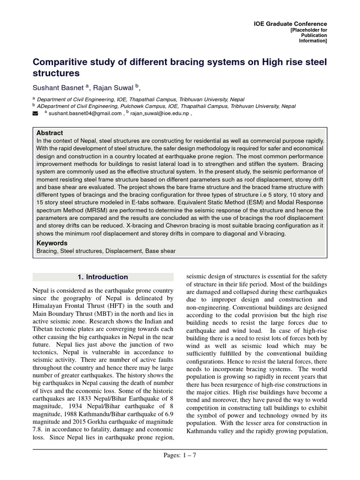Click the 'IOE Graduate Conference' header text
pyautogui.click(x=290, y=24)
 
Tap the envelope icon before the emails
pyautogui.click(x=35, y=113)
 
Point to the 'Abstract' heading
pyautogui.click(x=50, y=133)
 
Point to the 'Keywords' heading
pyautogui.click(x=52, y=243)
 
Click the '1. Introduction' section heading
pyautogui.click(x=102, y=277)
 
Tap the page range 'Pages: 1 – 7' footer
pyautogui.click(x=180, y=455)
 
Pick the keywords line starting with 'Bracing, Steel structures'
pyautogui.click(x=106, y=251)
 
